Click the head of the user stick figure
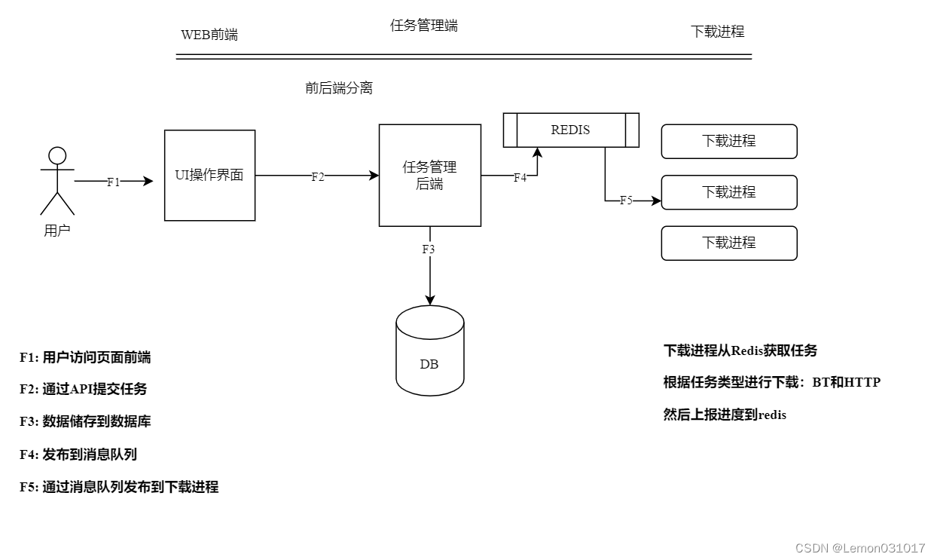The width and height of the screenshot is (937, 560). point(57,156)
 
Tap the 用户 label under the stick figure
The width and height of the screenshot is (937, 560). point(57,231)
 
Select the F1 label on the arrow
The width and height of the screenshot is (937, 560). point(114,182)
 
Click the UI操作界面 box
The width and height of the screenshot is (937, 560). point(209,175)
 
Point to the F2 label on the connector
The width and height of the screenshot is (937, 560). point(318,176)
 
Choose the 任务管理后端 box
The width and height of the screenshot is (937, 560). point(429,175)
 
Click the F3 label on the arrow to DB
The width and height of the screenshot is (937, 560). point(429,249)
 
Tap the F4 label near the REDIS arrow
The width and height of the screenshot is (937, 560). point(520,178)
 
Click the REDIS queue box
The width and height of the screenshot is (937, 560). point(570,130)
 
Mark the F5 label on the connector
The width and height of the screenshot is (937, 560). point(627,200)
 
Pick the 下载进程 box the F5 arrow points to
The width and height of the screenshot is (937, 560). point(728,192)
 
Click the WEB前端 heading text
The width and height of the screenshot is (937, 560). point(209,35)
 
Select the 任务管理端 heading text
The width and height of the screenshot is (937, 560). point(423,26)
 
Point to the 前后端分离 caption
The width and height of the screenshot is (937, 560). point(338,88)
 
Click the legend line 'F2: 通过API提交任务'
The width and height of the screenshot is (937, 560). point(83,389)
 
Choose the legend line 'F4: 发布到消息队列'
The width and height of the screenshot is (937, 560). point(78,454)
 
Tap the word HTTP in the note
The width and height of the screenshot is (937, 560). point(862,382)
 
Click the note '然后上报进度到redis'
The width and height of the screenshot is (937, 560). point(725,415)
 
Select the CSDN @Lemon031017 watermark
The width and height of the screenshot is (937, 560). point(860,548)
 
